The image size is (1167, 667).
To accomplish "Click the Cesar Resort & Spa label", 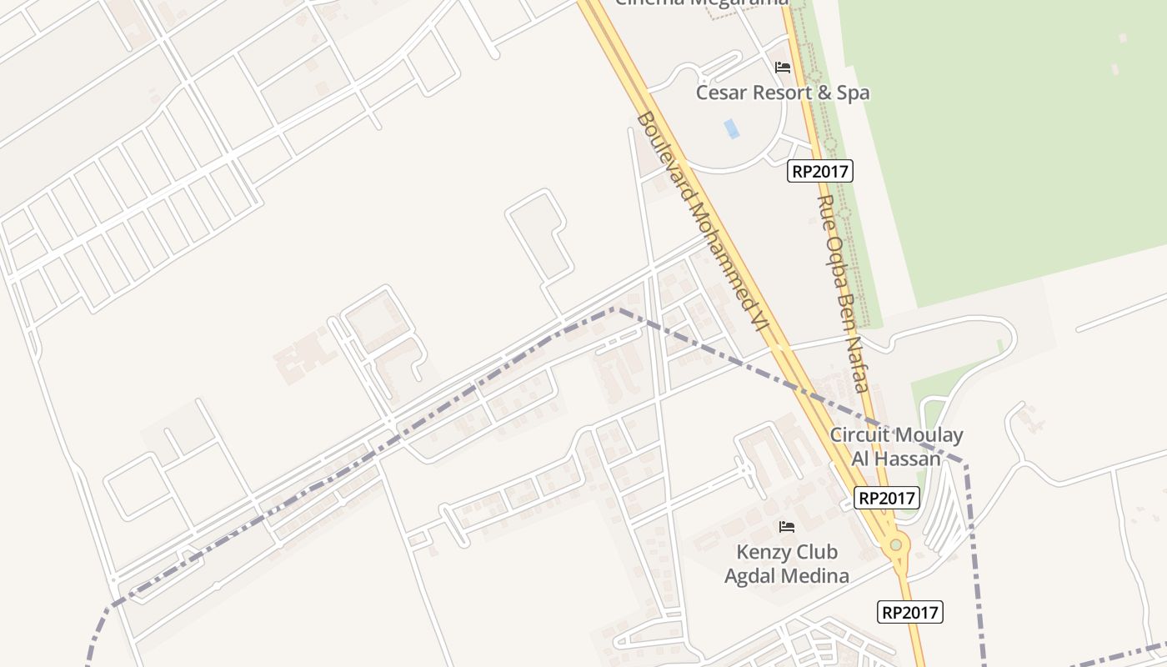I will point(783,93).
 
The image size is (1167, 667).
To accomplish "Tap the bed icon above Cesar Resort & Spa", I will point(783,68).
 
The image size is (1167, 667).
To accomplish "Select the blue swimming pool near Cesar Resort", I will point(732,128).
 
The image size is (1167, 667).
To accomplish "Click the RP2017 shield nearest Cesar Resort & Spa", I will point(820,172).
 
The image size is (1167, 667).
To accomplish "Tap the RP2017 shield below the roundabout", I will point(910,613).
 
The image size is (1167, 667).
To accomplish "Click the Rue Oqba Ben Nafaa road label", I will point(844,293).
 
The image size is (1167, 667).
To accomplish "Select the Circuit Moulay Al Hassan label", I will point(896,446).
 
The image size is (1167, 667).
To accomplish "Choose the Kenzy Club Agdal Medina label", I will point(787,564).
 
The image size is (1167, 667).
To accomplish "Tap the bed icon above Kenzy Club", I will point(786,527).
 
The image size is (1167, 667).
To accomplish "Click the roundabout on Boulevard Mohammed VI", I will point(896,545).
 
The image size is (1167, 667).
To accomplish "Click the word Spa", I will point(853,93).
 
